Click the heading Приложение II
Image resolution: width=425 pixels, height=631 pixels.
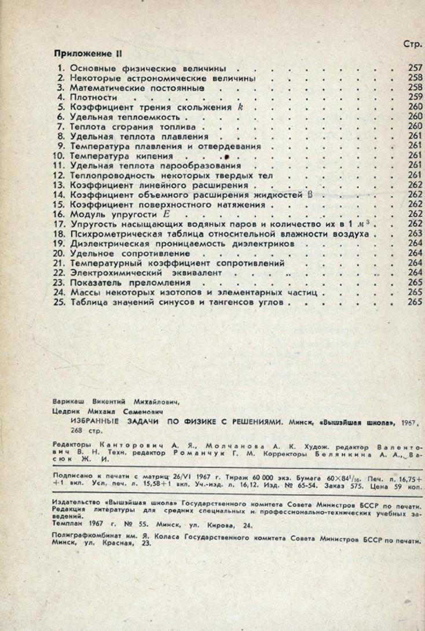click(x=86, y=52)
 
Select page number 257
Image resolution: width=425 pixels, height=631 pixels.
click(x=415, y=68)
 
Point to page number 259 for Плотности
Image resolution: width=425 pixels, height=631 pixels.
click(x=415, y=97)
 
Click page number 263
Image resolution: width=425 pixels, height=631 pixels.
click(x=415, y=234)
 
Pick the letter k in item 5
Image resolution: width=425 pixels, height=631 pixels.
click(x=238, y=107)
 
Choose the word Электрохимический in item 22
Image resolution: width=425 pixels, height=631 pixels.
click(x=117, y=273)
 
